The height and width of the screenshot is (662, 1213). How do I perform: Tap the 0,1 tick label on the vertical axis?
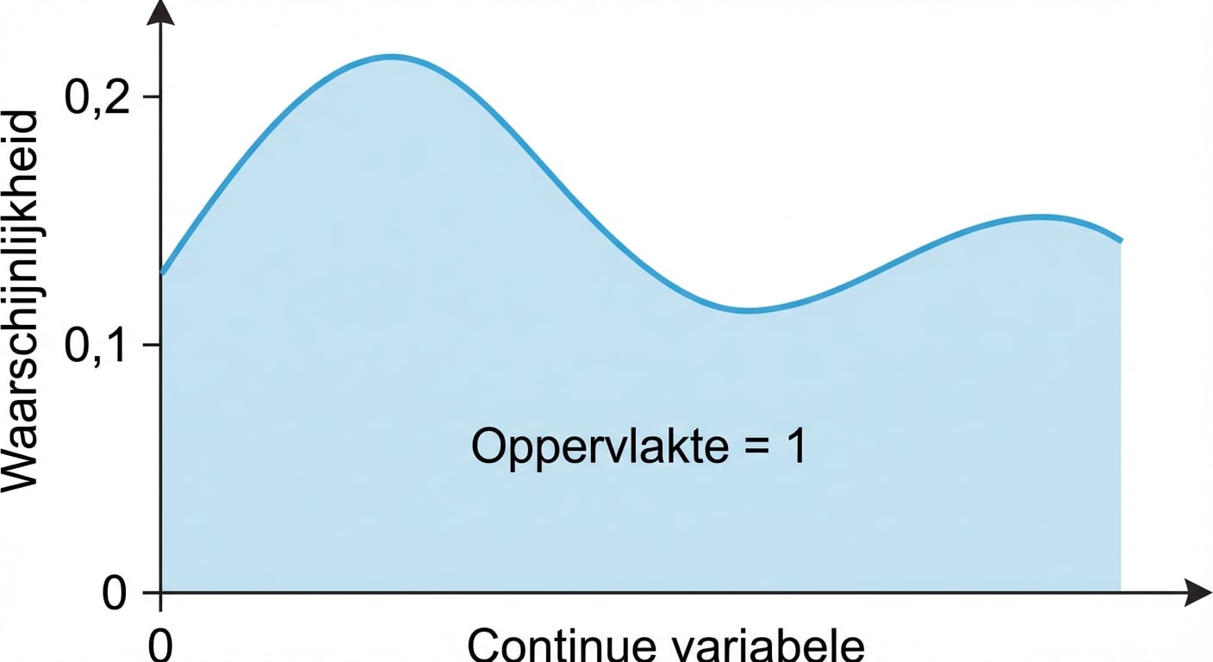pyautogui.click(x=97, y=347)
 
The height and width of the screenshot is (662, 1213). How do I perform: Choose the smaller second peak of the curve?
pyautogui.click(x=1040, y=215)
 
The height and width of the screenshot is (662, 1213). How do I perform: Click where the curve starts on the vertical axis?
pyautogui.click(x=163, y=273)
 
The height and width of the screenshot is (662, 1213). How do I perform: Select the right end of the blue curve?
pyautogui.click(x=1121, y=241)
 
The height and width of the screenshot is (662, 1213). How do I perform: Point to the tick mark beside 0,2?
pyautogui.click(x=152, y=97)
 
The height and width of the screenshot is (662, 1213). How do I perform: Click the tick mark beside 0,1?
pyautogui.click(x=152, y=345)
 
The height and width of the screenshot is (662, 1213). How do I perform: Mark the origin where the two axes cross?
pyautogui.click(x=161, y=592)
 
